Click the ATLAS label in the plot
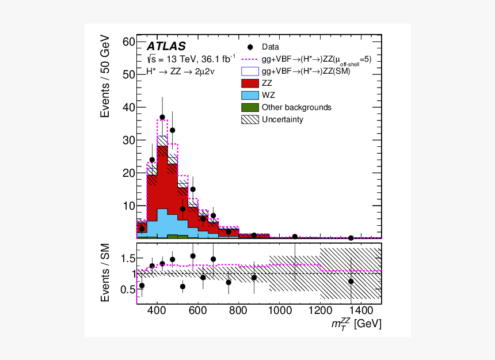click(x=166, y=47)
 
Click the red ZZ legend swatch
click(x=250, y=84)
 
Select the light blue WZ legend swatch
click(x=250, y=96)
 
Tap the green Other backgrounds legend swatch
click(x=250, y=107)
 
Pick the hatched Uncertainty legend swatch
click(x=250, y=119)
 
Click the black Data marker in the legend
click(x=250, y=47)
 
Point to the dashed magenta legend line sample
click(x=250, y=59)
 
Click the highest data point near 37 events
click(x=162, y=117)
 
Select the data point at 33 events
click(x=172, y=130)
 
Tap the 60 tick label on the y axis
click(x=129, y=41)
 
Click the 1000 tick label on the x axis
click(x=280, y=310)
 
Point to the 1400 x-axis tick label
click(x=361, y=310)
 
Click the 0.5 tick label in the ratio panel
click(x=128, y=290)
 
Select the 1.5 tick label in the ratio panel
click(x=128, y=259)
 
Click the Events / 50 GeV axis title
click(x=105, y=77)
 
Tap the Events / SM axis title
click(x=105, y=272)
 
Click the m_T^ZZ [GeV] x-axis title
click(x=356, y=324)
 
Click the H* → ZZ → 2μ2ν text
click(x=180, y=71)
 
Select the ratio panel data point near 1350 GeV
click(x=351, y=281)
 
